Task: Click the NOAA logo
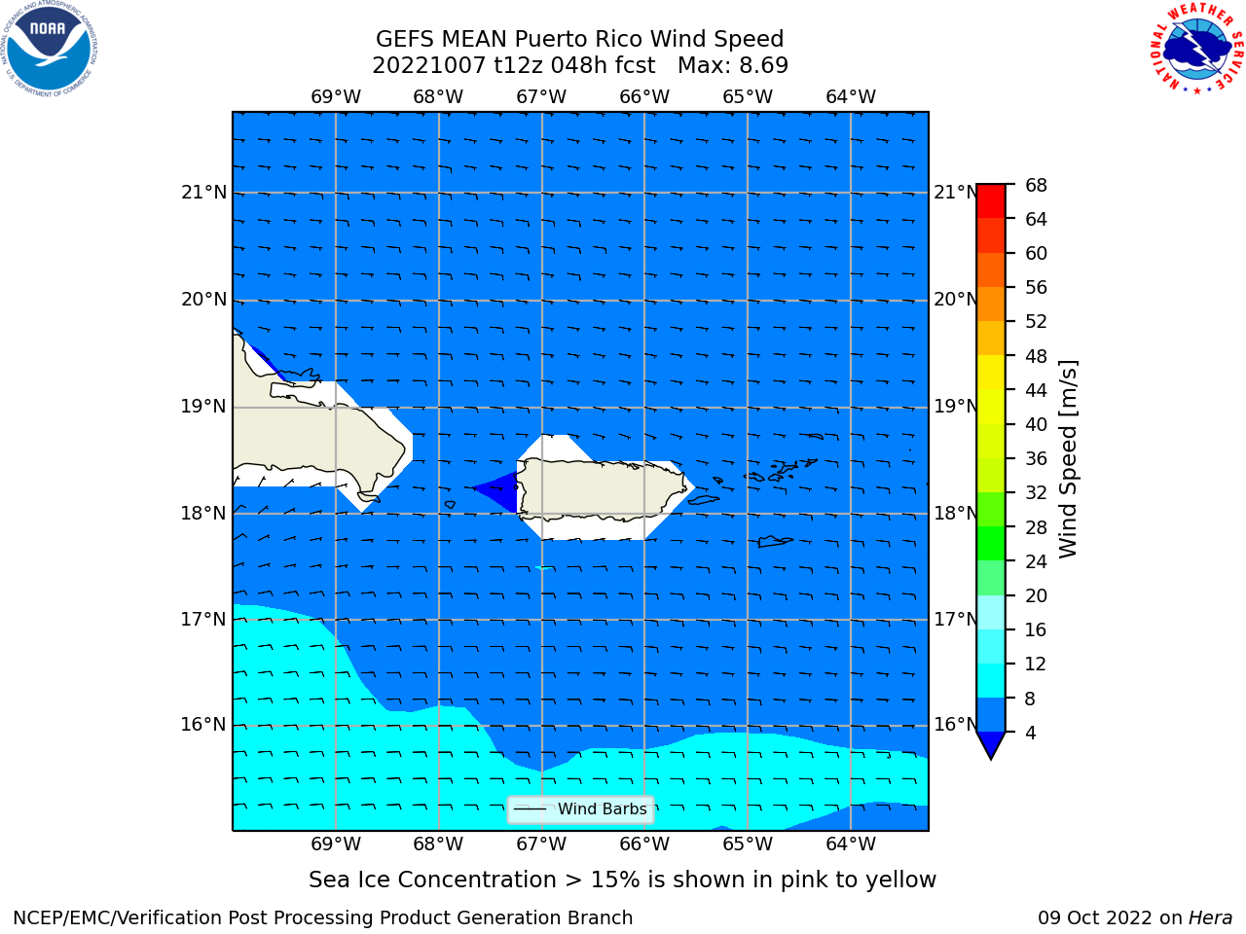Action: pyautogui.click(x=49, y=49)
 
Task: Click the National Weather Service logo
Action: pyautogui.click(x=1196, y=48)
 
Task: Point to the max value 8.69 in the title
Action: pyautogui.click(x=761, y=66)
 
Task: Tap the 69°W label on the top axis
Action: pyautogui.click(x=336, y=97)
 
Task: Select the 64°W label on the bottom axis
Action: pyautogui.click(x=851, y=844)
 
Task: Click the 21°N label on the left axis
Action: pyautogui.click(x=203, y=193)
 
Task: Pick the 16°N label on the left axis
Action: pyautogui.click(x=203, y=725)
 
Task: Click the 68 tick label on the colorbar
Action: pyautogui.click(x=1036, y=186)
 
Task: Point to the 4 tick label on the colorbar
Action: pyautogui.click(x=1030, y=733)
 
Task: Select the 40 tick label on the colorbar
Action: pyautogui.click(x=1036, y=424)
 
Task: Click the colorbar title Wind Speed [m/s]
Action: pyautogui.click(x=1068, y=459)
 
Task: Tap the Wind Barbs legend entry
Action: pyautogui.click(x=581, y=809)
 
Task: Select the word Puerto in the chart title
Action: pyautogui.click(x=550, y=40)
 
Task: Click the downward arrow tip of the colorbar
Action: pyautogui.click(x=991, y=759)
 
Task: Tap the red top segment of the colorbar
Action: pyautogui.click(x=991, y=201)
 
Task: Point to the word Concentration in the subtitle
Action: pyautogui.click(x=476, y=880)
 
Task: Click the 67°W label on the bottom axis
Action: pyautogui.click(x=541, y=844)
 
